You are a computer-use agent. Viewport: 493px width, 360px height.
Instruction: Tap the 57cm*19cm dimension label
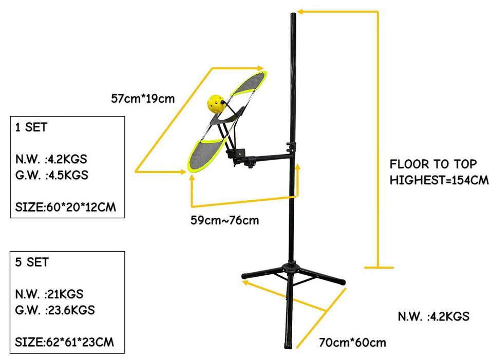tap(143, 98)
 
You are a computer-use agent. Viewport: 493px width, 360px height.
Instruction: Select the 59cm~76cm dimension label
tap(224, 221)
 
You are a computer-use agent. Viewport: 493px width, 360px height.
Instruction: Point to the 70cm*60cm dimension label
tap(352, 342)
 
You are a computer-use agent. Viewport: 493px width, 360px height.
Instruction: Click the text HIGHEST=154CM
tap(439, 180)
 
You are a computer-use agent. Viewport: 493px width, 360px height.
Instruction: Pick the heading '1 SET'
tap(31, 128)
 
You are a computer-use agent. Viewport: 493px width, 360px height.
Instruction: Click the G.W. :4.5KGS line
tap(51, 175)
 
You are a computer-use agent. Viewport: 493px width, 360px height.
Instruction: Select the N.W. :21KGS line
tap(49, 294)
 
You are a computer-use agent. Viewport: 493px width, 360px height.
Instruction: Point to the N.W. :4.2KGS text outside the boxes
tap(433, 316)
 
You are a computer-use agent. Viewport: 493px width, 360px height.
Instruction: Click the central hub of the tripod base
tap(291, 268)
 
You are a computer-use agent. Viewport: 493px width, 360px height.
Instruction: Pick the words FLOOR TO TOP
tap(433, 164)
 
